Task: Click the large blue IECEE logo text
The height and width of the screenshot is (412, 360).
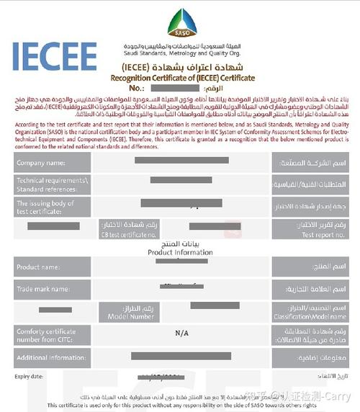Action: pos(54,56)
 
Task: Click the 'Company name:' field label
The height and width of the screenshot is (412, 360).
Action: pos(36,164)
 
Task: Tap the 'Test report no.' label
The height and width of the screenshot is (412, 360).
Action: pos(318,235)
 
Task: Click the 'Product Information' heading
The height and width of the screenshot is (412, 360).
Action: pos(179,253)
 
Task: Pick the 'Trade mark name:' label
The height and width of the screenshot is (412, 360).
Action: pos(42,289)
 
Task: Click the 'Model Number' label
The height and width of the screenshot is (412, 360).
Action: pos(130,316)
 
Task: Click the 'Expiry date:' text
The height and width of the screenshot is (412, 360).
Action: pos(28,376)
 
